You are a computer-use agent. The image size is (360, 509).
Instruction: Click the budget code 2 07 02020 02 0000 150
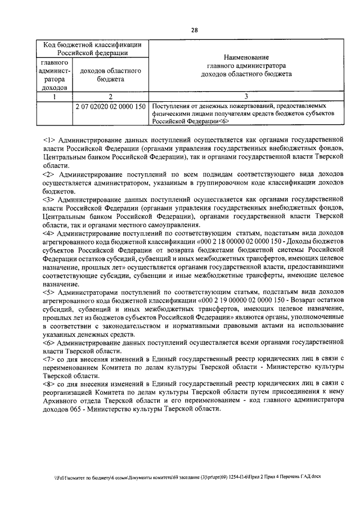[x=110, y=106]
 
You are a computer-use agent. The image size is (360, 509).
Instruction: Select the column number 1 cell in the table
[x=55, y=96]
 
